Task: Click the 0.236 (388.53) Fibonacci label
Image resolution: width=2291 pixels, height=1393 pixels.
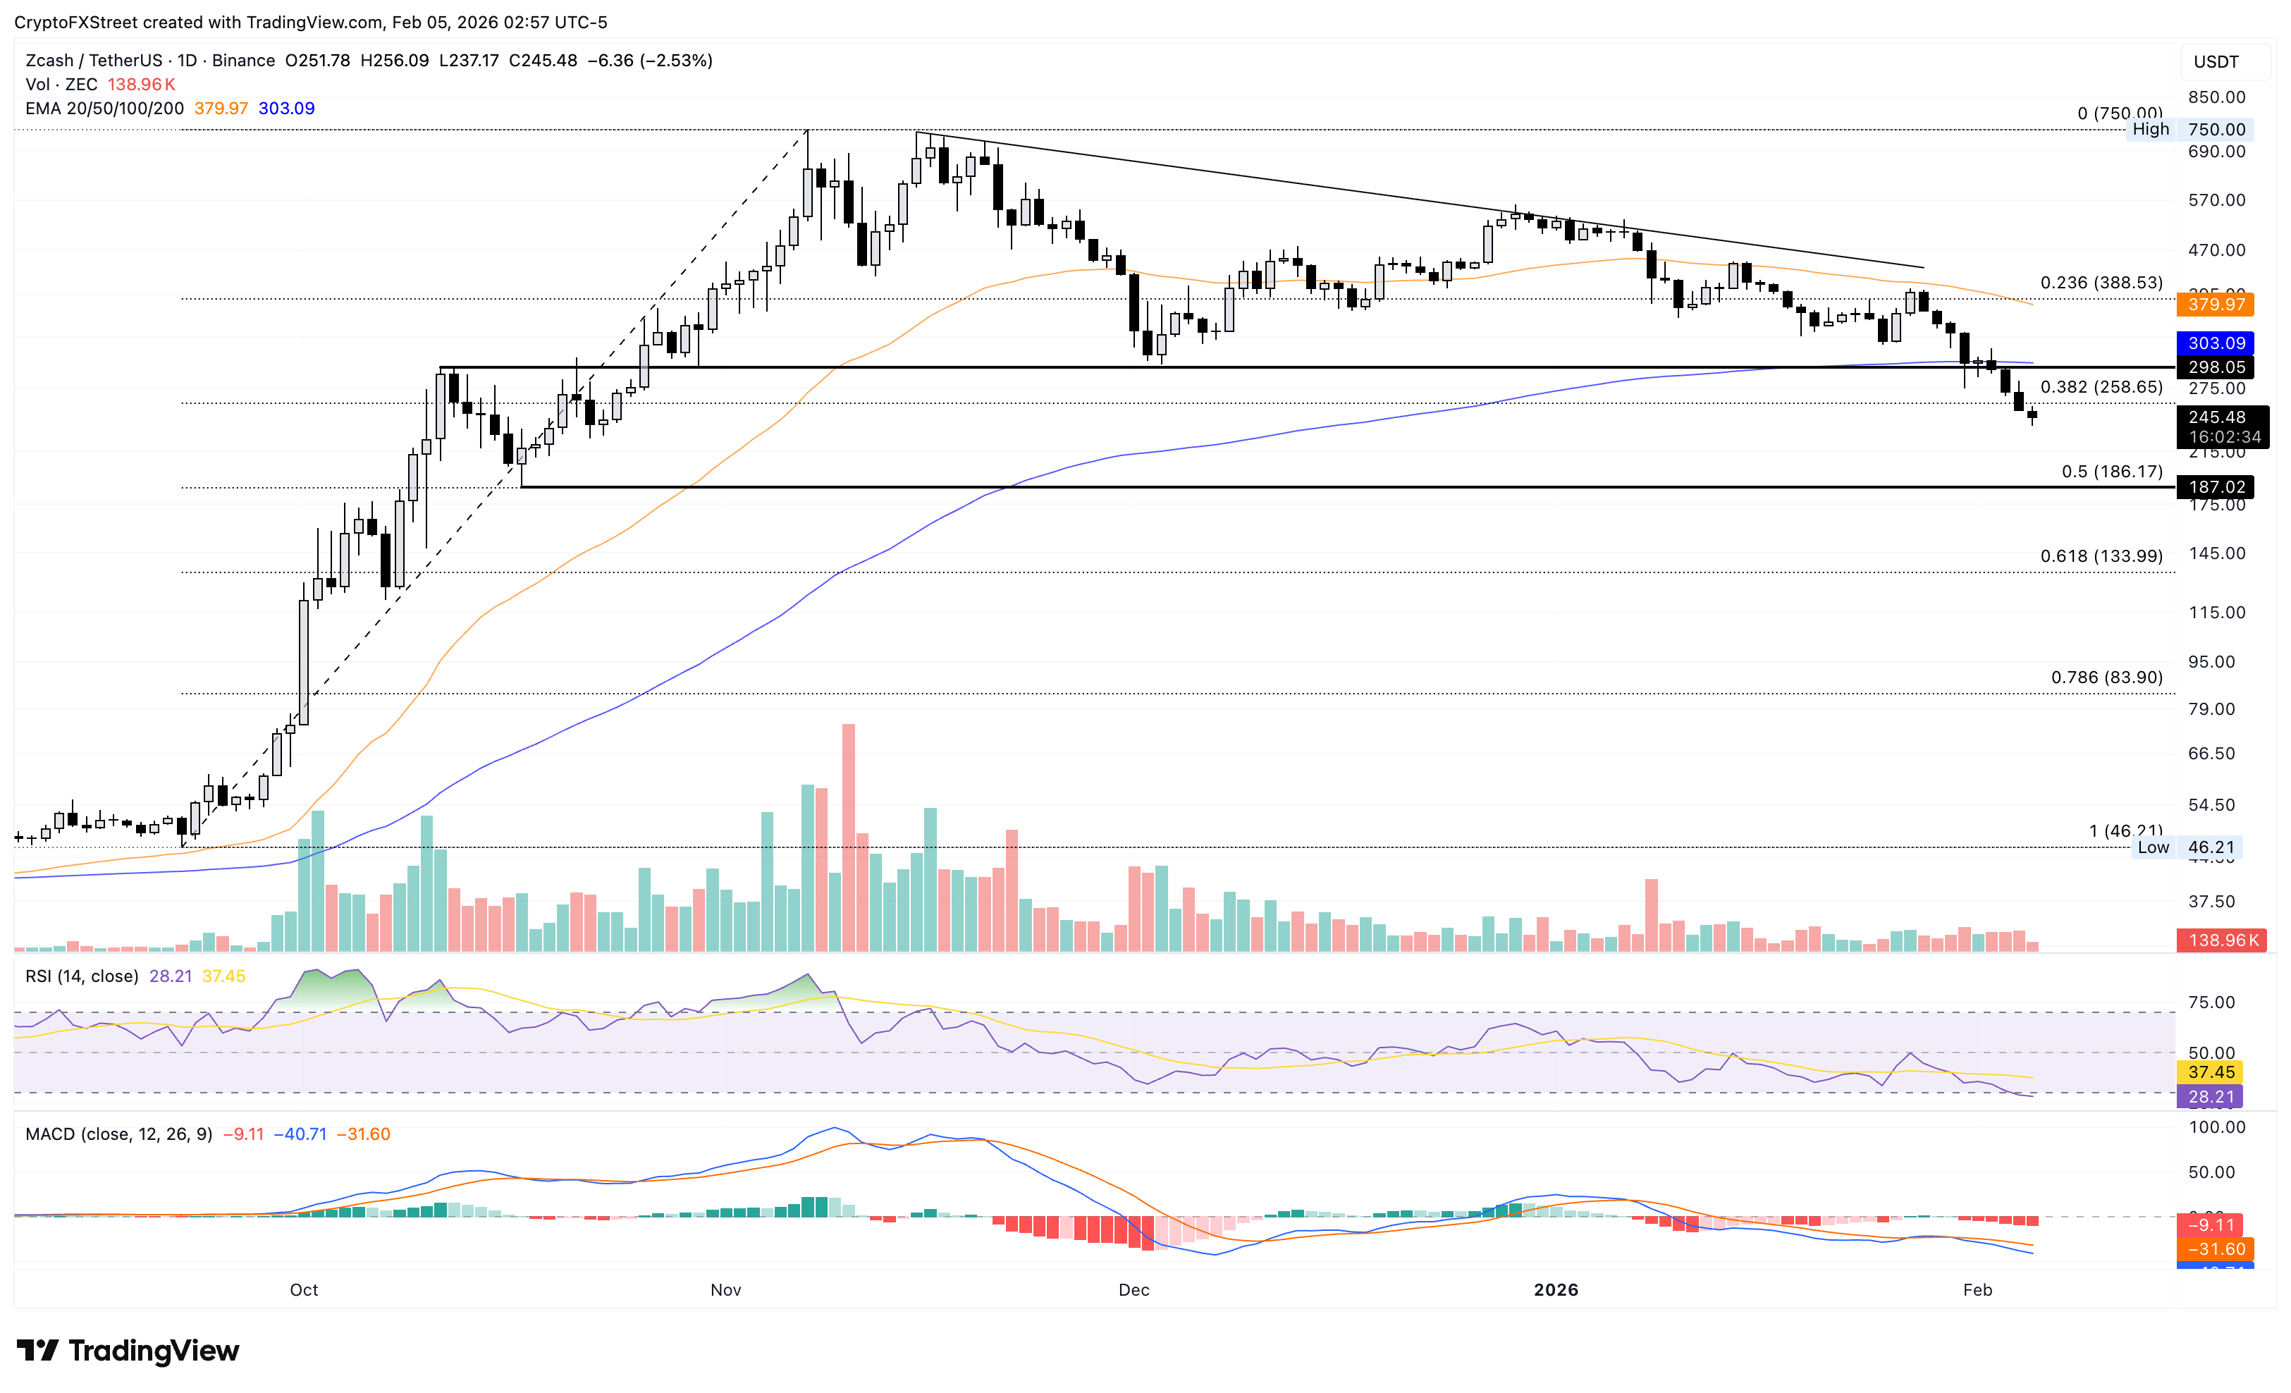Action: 2101,283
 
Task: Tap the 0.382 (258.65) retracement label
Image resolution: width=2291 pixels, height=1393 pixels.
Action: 2101,387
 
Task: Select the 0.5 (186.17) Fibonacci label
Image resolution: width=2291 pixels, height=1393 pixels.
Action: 2111,472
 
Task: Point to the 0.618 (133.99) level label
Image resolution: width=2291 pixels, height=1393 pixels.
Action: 2101,556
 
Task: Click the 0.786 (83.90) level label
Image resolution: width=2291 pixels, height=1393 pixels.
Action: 2106,677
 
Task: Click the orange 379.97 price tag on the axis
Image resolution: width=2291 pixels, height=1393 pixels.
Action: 2216,304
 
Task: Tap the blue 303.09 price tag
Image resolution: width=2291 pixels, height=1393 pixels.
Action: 2216,343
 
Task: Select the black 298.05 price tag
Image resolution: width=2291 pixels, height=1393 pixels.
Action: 2216,367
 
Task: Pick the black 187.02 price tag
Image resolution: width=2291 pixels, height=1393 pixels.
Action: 2216,486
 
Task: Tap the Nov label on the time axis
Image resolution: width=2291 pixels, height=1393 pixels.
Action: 725,1290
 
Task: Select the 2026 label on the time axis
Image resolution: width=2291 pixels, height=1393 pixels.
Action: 1556,1290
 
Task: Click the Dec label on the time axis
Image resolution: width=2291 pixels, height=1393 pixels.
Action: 1134,1290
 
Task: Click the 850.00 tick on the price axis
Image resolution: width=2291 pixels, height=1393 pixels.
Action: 2216,97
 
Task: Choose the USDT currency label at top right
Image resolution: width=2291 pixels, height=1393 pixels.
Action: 2216,61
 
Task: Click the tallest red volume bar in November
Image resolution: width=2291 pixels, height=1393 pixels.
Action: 848,837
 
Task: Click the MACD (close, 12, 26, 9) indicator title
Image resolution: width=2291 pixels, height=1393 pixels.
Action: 119,1134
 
